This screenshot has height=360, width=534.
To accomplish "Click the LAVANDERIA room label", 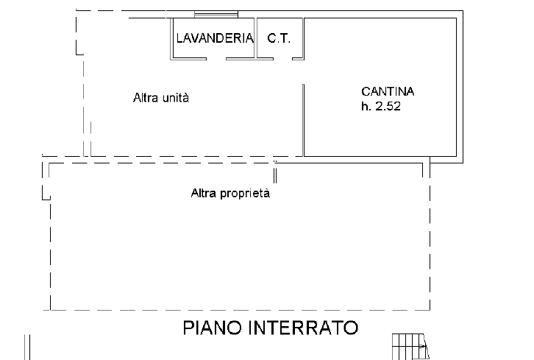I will [x=214, y=38].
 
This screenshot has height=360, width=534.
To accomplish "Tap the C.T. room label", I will [x=279, y=38].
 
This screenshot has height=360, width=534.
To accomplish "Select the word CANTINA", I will [x=388, y=92].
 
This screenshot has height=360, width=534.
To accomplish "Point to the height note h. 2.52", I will [x=380, y=106].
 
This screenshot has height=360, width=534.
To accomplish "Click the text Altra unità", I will [x=161, y=97].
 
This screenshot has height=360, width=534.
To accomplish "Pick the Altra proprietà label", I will [x=231, y=194].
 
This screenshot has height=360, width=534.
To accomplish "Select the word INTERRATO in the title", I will [x=309, y=328].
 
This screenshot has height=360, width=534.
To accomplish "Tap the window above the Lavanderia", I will [x=216, y=14].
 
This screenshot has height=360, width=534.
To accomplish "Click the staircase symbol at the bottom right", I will [x=410, y=345].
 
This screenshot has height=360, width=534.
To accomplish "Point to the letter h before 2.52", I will [x=364, y=106].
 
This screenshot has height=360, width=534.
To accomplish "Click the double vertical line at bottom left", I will [x=29, y=346].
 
